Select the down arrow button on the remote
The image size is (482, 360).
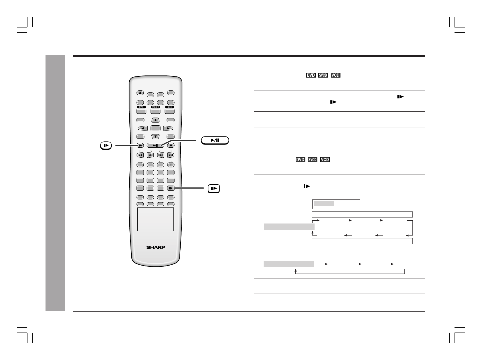[x=155, y=137]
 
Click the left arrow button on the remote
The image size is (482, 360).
[x=143, y=128]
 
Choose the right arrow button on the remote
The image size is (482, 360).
[x=168, y=128]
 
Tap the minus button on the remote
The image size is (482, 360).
[x=161, y=165]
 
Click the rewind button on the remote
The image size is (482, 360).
[x=140, y=155]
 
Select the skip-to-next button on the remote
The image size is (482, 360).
[x=171, y=155]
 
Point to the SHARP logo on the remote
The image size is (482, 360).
[x=156, y=247]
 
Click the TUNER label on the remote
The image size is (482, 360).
[x=155, y=107]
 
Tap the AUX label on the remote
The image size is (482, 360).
[x=170, y=107]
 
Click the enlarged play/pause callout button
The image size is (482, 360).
[x=215, y=140]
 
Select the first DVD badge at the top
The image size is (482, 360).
[x=311, y=75]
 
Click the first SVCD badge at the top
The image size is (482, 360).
[x=323, y=75]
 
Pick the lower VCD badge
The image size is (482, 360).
[x=325, y=160]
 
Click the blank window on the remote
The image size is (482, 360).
[x=155, y=219]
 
